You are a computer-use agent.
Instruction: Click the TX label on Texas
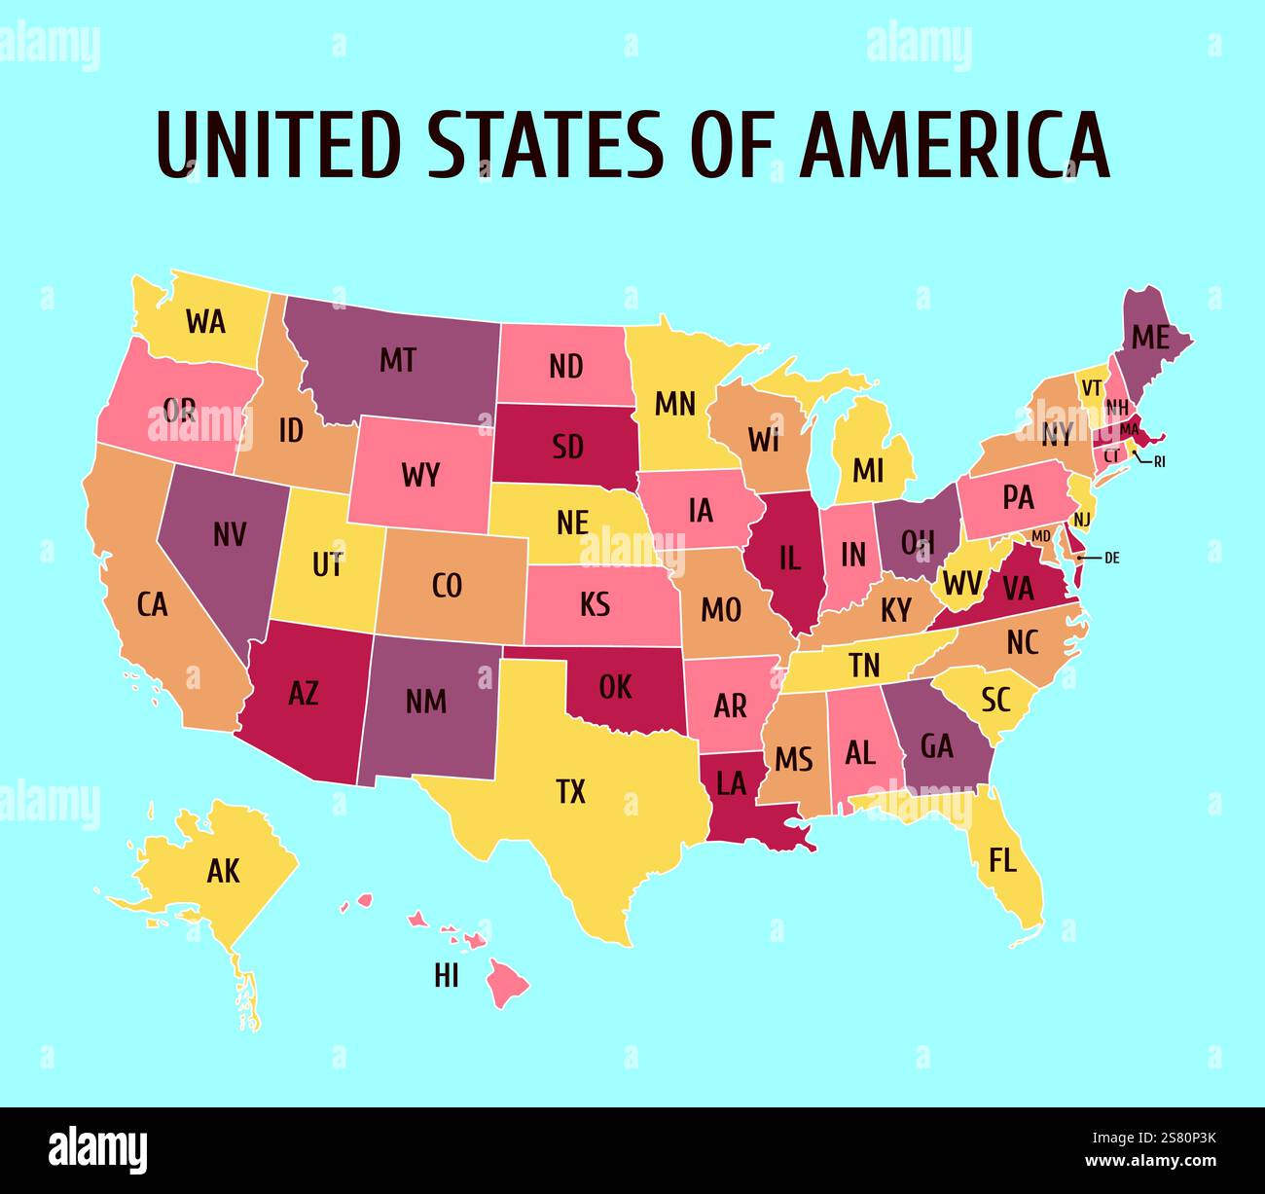coord(571,792)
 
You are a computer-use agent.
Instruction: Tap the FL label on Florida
coord(1002,859)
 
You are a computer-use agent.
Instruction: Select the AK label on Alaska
coord(223,871)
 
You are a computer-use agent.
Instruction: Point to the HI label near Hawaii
coord(447,975)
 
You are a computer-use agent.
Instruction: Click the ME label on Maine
coord(1149,338)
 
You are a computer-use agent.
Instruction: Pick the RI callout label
coord(1159,462)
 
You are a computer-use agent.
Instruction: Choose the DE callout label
coord(1112,558)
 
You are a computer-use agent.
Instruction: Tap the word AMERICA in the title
coord(955,144)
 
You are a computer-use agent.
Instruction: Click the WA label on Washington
coord(205,321)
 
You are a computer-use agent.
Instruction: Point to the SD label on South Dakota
coord(567,446)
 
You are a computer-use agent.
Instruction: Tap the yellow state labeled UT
coord(326,564)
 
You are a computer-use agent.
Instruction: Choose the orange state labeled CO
coord(447,586)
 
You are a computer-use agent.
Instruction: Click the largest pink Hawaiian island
coord(506,983)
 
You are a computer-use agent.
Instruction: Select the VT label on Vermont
coord(1091,386)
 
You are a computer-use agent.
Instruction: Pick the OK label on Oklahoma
coord(615,687)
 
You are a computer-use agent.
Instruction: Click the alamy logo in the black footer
coord(97,1150)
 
